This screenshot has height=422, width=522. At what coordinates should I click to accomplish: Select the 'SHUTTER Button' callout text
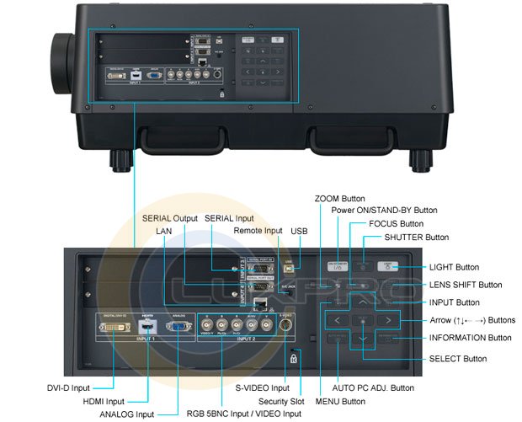point(416,238)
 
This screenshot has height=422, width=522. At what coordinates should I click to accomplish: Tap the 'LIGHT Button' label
point(454,267)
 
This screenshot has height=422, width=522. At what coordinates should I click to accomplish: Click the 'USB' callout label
point(299,230)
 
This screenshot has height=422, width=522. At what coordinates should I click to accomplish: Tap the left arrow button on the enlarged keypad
point(336,320)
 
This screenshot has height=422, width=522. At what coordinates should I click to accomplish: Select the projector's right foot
point(419,158)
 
